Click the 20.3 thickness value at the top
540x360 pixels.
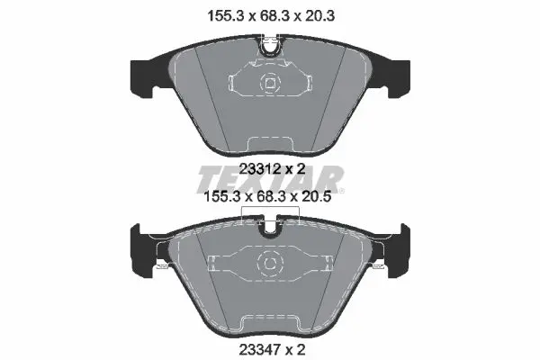319,16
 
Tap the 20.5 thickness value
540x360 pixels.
316,197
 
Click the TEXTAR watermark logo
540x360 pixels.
270,180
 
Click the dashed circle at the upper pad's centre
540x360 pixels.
270,84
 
